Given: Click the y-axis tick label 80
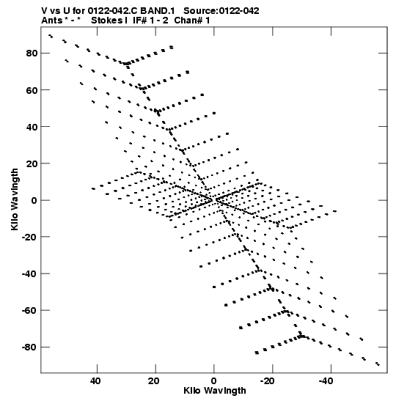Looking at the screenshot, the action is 32,54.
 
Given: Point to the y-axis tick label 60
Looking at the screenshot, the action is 32,90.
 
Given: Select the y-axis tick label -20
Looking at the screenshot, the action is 29,237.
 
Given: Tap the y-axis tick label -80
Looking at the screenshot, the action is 29,347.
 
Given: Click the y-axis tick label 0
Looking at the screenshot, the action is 34,200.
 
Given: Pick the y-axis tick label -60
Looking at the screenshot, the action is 29,311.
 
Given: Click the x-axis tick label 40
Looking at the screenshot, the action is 95,381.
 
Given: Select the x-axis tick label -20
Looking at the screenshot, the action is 271,381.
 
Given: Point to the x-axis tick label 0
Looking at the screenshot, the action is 214,381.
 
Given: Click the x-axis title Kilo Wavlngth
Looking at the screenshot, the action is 215,391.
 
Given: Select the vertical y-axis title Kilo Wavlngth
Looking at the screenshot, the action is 15,199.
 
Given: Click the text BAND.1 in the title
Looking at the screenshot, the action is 158,11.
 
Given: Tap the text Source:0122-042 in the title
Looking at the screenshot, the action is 221,11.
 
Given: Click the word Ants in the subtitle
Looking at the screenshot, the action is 52,21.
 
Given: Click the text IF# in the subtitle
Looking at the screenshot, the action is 140,21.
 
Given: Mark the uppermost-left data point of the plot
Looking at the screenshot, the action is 51,36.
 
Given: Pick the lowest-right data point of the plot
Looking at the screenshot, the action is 378,364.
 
